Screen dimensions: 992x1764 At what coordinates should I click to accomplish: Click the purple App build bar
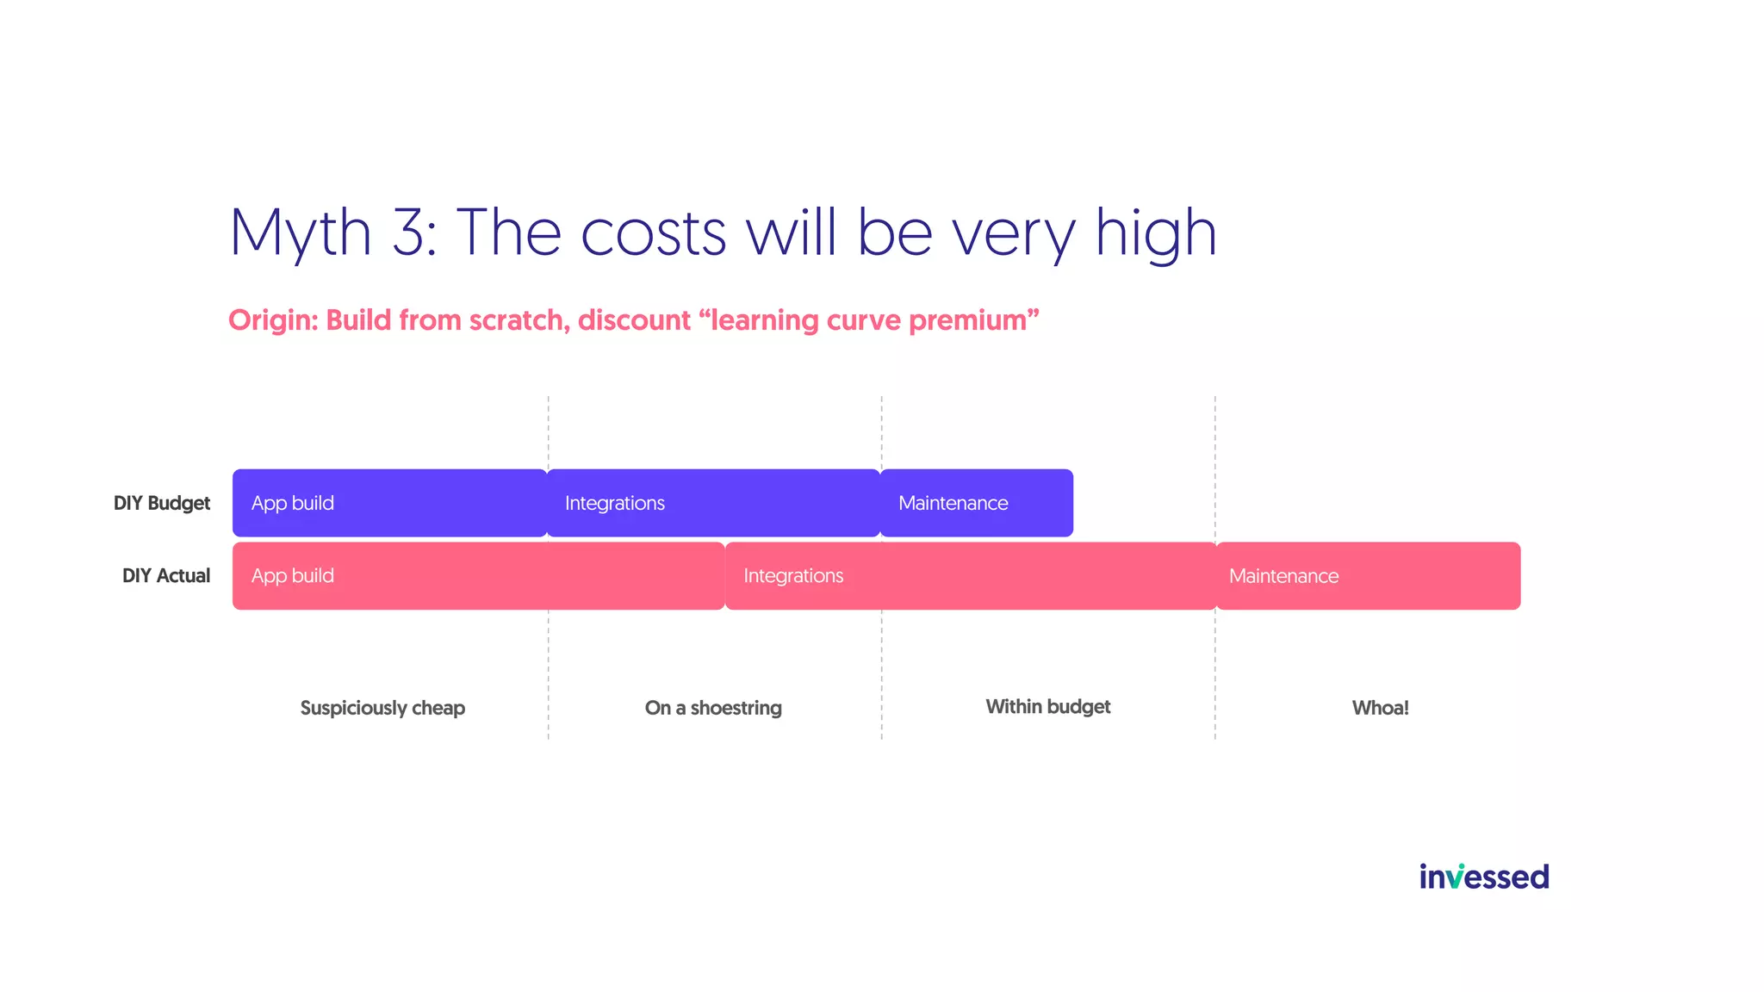(x=389, y=503)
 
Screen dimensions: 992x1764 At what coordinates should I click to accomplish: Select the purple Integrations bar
(x=713, y=503)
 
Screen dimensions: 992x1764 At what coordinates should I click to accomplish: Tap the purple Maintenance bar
(x=977, y=503)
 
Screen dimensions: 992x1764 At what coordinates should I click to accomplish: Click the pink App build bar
(x=478, y=576)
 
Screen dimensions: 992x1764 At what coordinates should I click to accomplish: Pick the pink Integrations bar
(x=971, y=576)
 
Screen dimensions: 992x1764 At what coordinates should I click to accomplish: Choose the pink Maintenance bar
(x=1368, y=576)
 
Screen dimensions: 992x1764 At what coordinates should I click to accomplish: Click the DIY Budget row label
(x=162, y=503)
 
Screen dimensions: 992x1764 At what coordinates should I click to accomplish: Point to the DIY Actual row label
(x=166, y=576)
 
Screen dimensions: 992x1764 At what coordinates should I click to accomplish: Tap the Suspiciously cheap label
(x=382, y=708)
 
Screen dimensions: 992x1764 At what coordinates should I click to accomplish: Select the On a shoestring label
(x=713, y=708)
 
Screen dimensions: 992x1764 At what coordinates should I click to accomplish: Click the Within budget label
(x=1047, y=707)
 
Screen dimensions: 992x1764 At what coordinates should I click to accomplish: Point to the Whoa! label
(x=1380, y=708)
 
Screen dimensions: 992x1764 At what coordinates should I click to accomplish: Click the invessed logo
(x=1484, y=877)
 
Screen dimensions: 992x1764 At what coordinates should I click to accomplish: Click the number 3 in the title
(x=412, y=232)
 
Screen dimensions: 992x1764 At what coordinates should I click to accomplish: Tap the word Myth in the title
(x=300, y=232)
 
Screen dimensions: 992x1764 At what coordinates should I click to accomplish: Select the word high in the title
(x=1156, y=232)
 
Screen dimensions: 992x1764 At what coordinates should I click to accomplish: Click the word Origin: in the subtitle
(x=273, y=320)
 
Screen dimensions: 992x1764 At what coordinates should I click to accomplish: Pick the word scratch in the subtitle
(x=517, y=320)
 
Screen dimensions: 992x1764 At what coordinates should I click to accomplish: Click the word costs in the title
(x=654, y=232)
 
